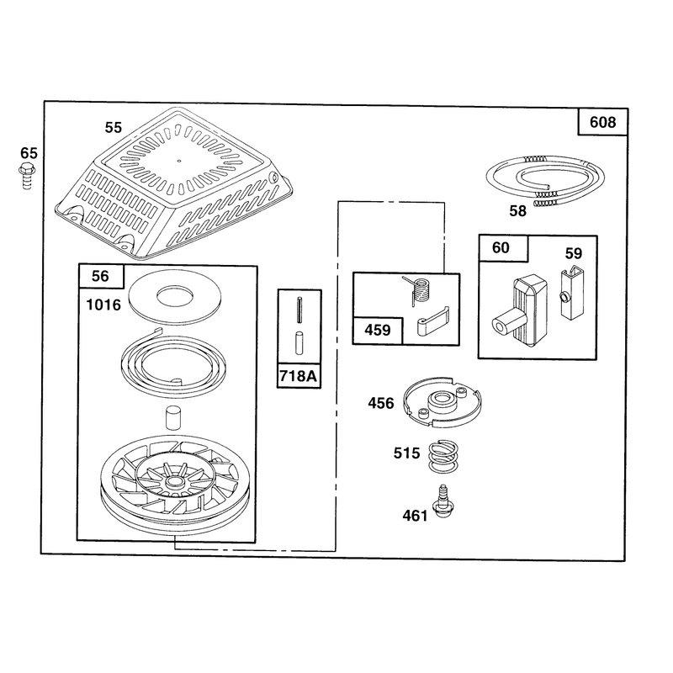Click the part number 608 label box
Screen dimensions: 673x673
click(602, 122)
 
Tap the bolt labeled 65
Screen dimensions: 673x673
click(27, 176)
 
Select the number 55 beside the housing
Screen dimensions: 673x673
click(114, 128)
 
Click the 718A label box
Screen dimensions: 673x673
click(299, 376)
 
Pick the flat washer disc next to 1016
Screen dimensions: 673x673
click(175, 296)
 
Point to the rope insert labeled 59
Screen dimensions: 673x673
click(572, 293)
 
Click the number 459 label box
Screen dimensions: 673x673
click(378, 331)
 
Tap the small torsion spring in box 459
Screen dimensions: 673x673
click(418, 290)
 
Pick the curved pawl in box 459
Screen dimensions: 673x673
click(432, 321)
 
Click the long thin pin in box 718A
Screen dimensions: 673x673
click(299, 310)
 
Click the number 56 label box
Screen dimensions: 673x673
click(100, 276)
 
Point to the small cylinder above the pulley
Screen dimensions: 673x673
click(174, 416)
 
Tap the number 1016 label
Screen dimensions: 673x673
click(103, 305)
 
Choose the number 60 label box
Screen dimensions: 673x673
click(502, 247)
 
